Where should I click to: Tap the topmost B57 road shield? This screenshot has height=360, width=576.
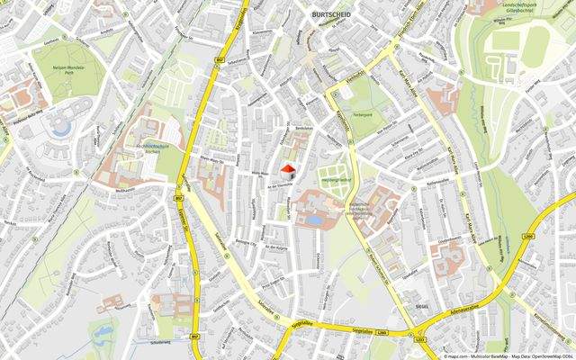[x=221, y=60]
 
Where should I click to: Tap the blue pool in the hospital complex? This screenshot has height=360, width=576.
[x=312, y=218]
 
